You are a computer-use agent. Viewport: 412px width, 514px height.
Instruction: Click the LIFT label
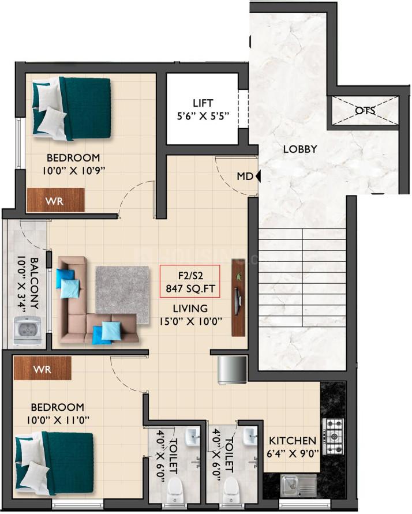click(x=203, y=103)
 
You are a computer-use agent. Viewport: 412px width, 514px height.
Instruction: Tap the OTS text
click(x=365, y=110)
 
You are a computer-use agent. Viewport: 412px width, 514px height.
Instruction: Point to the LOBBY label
click(x=300, y=149)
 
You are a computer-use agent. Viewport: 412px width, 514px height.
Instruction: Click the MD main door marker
click(x=249, y=177)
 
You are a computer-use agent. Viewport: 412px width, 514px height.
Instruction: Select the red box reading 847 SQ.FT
click(x=190, y=282)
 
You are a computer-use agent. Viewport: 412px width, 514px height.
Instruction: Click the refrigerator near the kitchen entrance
click(x=232, y=370)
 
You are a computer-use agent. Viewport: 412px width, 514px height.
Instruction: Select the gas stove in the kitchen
click(x=334, y=436)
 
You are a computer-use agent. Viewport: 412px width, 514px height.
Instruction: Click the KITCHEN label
click(x=293, y=441)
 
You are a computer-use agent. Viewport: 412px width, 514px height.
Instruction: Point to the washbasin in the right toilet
click(x=250, y=436)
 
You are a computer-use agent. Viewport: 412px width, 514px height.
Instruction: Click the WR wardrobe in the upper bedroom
click(x=55, y=200)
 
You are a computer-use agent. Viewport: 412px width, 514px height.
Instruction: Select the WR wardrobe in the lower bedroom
click(x=42, y=369)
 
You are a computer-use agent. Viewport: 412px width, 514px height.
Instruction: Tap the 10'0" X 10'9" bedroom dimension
click(x=73, y=171)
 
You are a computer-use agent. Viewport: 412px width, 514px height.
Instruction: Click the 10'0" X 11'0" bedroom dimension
click(x=58, y=420)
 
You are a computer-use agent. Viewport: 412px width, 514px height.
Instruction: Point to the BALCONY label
click(x=35, y=283)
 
